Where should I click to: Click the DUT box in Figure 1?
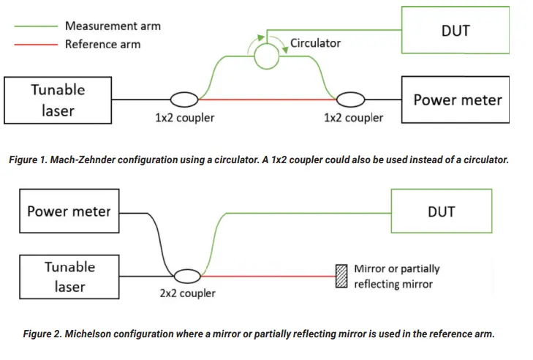tap(455, 31)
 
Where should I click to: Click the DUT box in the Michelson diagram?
tap(441, 211)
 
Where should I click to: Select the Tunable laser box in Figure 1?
tap(58, 100)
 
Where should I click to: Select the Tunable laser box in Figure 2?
tap(69, 276)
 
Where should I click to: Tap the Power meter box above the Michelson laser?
tap(69, 211)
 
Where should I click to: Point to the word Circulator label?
tap(315, 43)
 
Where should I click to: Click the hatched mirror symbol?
tap(341, 276)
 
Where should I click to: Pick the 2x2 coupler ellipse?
tap(186, 275)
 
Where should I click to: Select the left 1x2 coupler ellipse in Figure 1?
tap(184, 100)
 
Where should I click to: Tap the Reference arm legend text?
tap(102, 44)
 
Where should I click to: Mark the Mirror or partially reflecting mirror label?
tap(396, 276)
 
